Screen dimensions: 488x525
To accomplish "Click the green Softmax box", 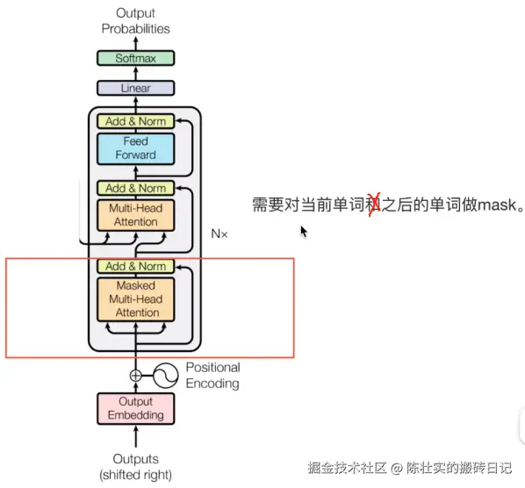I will coord(135,58).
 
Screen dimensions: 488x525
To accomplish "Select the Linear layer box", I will coord(135,88).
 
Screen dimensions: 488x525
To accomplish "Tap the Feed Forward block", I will coord(135,148).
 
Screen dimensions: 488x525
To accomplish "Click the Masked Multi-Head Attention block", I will coord(135,298).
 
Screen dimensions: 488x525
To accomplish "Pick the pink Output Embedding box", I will coord(135,408).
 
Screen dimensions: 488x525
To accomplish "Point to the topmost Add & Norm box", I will coord(135,121).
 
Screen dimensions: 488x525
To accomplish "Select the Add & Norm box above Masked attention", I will coord(135,266).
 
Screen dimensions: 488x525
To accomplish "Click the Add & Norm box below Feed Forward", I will coord(135,188).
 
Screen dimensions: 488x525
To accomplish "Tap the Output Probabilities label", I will coord(135,21).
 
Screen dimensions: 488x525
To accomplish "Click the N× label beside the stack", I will coord(219,234).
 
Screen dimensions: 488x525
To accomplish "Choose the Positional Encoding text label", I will coord(212,375).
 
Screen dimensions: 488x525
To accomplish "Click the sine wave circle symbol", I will coord(166,376).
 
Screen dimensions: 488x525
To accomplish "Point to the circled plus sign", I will coord(135,376).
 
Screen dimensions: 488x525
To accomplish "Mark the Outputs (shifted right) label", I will coord(135,467).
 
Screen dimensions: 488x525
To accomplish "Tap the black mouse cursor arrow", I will coord(304,232).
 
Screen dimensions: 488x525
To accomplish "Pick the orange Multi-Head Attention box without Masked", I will coord(135,214).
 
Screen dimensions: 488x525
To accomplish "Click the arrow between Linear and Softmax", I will coord(135,73).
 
